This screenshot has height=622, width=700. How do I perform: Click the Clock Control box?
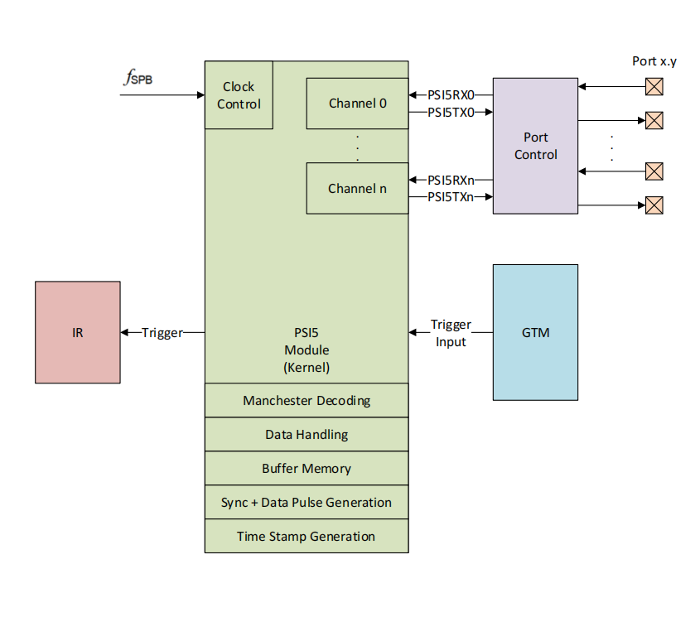click(x=239, y=95)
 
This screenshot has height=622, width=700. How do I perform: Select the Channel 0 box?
click(x=357, y=104)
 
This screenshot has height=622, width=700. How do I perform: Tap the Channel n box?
click(x=357, y=188)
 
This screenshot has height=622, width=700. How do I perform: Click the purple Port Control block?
click(x=535, y=146)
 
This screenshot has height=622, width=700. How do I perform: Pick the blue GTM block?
click(x=535, y=332)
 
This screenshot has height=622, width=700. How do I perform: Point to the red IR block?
click(x=78, y=332)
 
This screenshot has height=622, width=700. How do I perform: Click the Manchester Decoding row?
click(x=307, y=400)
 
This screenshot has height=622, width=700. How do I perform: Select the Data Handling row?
click(x=307, y=434)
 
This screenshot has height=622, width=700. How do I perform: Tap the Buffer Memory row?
click(x=307, y=468)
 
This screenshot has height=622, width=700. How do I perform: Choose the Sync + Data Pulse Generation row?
click(x=307, y=502)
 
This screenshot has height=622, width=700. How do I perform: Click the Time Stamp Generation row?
click(x=307, y=536)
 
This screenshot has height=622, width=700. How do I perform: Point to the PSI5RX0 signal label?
click(x=451, y=95)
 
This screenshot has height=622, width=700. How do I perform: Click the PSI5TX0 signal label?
click(x=451, y=113)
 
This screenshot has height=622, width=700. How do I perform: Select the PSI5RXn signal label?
click(x=451, y=180)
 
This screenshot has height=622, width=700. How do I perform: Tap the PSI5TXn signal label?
click(x=451, y=197)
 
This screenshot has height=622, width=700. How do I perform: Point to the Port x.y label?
click(x=654, y=61)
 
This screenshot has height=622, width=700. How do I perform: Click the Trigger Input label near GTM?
click(x=451, y=333)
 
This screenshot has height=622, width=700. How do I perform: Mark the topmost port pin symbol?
click(x=654, y=86)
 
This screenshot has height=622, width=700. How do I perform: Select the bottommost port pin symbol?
click(x=654, y=205)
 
